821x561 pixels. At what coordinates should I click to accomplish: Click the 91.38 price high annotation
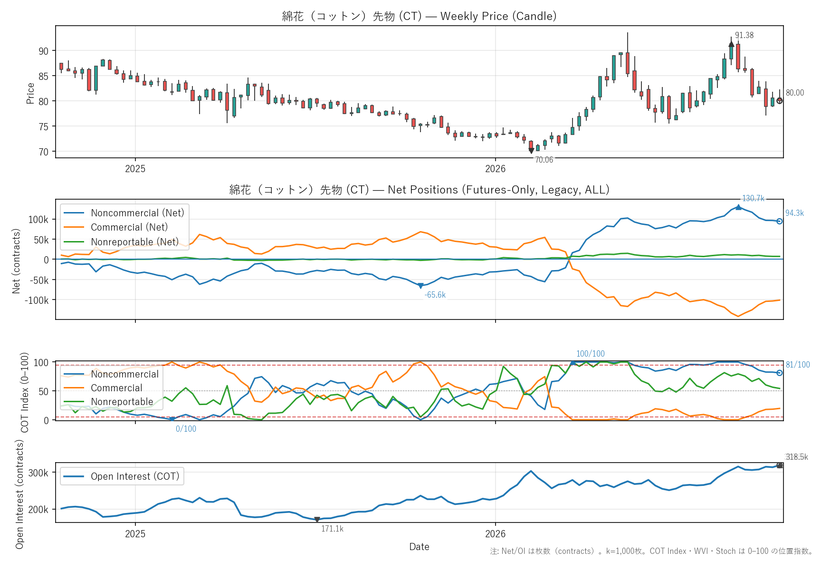tap(744, 35)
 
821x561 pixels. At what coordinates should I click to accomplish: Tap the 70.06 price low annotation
tap(544, 160)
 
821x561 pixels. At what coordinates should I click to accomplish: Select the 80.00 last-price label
tap(795, 93)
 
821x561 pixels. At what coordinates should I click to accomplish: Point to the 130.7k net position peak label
tap(754, 198)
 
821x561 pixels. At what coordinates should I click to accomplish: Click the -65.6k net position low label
tap(435, 295)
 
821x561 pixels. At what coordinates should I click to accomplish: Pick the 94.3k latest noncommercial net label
tap(794, 213)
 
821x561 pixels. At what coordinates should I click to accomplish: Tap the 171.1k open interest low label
tap(332, 529)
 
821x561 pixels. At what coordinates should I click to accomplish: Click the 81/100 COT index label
tap(798, 365)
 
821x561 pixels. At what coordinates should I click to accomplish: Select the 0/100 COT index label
tap(186, 429)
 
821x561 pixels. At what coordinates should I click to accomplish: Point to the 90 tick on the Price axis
tap(43, 51)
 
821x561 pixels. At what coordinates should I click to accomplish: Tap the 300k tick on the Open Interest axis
tap(38, 473)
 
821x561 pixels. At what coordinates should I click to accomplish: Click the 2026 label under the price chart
tap(496, 169)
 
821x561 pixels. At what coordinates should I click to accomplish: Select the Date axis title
tap(419, 547)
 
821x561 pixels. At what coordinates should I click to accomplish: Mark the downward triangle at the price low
tap(531, 151)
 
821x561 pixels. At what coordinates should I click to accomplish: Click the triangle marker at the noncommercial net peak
tap(738, 207)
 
